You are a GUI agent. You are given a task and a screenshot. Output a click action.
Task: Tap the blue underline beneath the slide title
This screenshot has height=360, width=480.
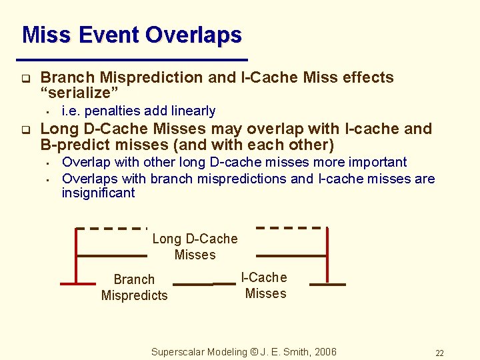[x=135, y=59]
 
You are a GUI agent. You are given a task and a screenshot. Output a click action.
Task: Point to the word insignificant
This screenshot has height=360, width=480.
[x=98, y=193]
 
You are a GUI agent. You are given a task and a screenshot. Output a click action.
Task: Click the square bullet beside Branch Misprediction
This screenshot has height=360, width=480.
[x=25, y=78]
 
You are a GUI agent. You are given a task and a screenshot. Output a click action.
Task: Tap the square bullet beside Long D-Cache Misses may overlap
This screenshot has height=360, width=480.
[x=25, y=129]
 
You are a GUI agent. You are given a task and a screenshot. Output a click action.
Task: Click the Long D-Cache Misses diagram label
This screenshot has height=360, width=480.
[x=195, y=247]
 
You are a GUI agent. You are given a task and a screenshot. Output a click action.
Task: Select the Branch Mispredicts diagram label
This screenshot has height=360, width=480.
[x=134, y=287]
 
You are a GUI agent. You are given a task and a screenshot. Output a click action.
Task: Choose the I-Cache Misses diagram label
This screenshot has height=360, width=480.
[x=265, y=285]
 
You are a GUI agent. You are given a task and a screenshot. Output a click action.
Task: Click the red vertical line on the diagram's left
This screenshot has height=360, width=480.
[x=77, y=256]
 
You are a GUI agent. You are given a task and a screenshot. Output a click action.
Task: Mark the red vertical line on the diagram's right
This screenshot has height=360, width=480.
[x=327, y=256]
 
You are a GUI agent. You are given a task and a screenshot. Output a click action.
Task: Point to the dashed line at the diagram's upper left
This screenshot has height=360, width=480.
[x=112, y=228]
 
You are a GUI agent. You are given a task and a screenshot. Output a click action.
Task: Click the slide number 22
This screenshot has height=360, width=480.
[x=439, y=353]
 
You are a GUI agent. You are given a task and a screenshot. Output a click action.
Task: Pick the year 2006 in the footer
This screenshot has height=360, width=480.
[x=325, y=352]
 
